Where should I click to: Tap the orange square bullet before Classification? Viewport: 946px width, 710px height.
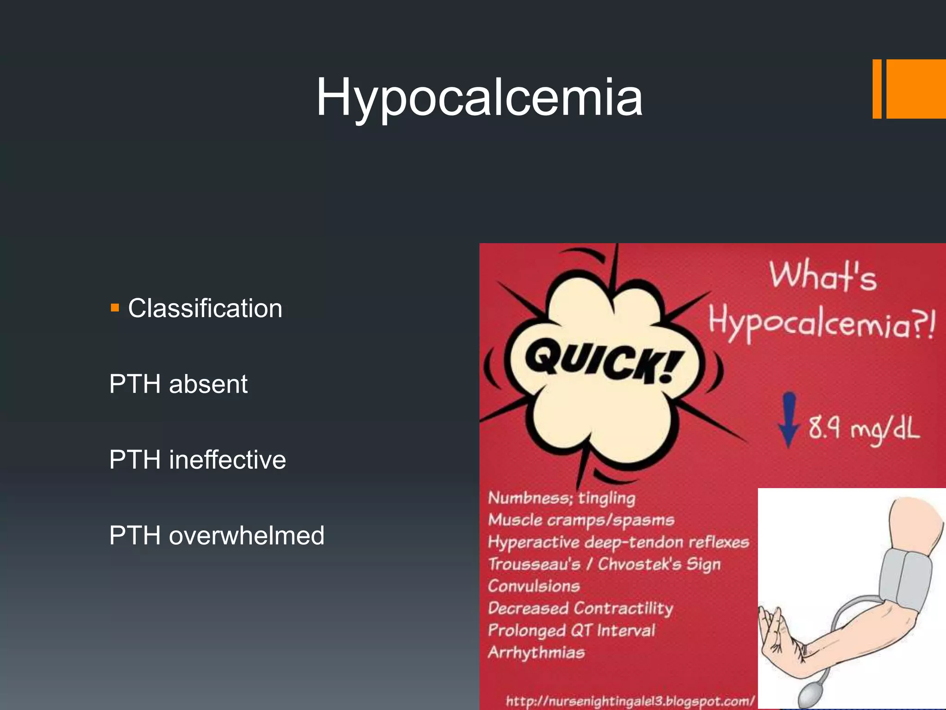(115, 308)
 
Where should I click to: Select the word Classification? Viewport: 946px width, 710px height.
(205, 308)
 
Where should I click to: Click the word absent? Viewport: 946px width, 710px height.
(208, 384)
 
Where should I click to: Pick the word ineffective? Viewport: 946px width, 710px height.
(227, 460)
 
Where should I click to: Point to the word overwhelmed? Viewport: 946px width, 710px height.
(247, 536)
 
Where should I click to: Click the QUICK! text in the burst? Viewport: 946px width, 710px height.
(603, 361)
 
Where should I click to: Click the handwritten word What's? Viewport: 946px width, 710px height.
(823, 276)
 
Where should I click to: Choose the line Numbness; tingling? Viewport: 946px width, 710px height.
(562, 498)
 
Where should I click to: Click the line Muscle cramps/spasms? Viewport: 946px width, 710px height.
(581, 520)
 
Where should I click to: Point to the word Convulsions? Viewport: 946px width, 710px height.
(534, 586)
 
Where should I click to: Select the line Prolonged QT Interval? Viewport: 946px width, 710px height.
(571, 630)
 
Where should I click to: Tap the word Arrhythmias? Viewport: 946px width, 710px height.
(536, 653)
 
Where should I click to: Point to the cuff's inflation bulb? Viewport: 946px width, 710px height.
(811, 696)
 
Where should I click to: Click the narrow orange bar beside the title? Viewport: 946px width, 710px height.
(877, 89)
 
